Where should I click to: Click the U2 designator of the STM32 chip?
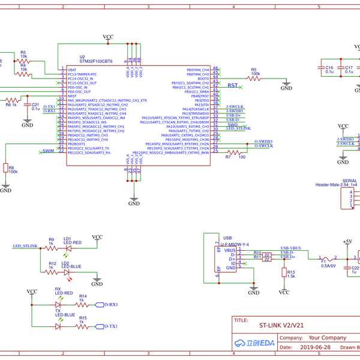tap(82, 56)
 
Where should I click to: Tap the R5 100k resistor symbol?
tap(255, 79)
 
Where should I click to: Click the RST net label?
tap(233, 86)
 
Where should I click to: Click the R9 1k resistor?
tap(51, 247)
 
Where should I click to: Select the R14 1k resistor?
tap(83, 304)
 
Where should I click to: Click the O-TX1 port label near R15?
tap(110, 326)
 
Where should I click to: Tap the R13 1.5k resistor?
tap(283, 272)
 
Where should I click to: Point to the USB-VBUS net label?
tap(290, 248)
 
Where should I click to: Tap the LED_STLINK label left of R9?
tap(25, 246)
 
